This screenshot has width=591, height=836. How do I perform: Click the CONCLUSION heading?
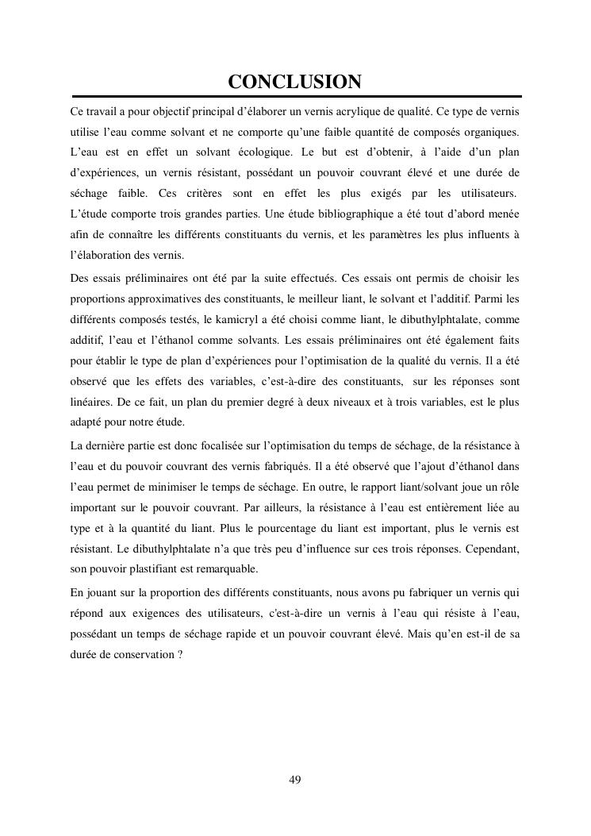click(295, 82)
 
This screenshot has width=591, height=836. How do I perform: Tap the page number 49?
click(295, 780)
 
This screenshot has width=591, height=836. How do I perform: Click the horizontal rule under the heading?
click(295, 96)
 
